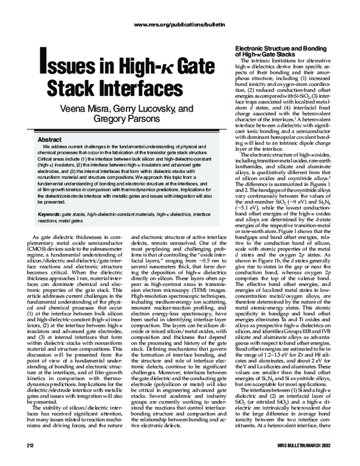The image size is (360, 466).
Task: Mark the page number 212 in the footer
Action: [x=26, y=449]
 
